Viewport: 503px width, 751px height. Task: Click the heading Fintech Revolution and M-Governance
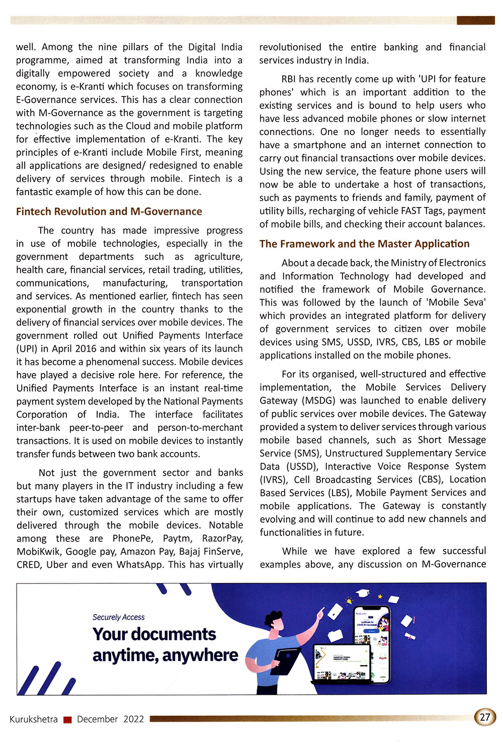pos(109,212)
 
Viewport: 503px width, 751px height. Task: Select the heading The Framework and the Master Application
pos(364,244)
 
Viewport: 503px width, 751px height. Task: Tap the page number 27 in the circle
pos(485,717)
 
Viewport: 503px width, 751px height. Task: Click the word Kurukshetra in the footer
pos(34,719)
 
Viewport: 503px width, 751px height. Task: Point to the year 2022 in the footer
pos(134,719)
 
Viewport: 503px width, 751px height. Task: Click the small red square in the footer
pos(67,720)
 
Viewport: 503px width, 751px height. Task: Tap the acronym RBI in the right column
pos(289,79)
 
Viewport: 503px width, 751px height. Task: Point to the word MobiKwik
pos(38,551)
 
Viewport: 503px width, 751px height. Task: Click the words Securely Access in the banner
pos(118,617)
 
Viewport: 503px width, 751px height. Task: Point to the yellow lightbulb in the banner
pos(349,601)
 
